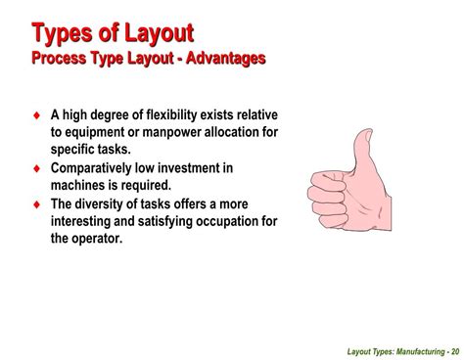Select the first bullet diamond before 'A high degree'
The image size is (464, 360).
tap(36, 116)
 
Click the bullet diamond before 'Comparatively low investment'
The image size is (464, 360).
tap(36, 167)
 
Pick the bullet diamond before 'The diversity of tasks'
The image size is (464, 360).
tap(36, 202)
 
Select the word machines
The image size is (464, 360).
tap(80, 184)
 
